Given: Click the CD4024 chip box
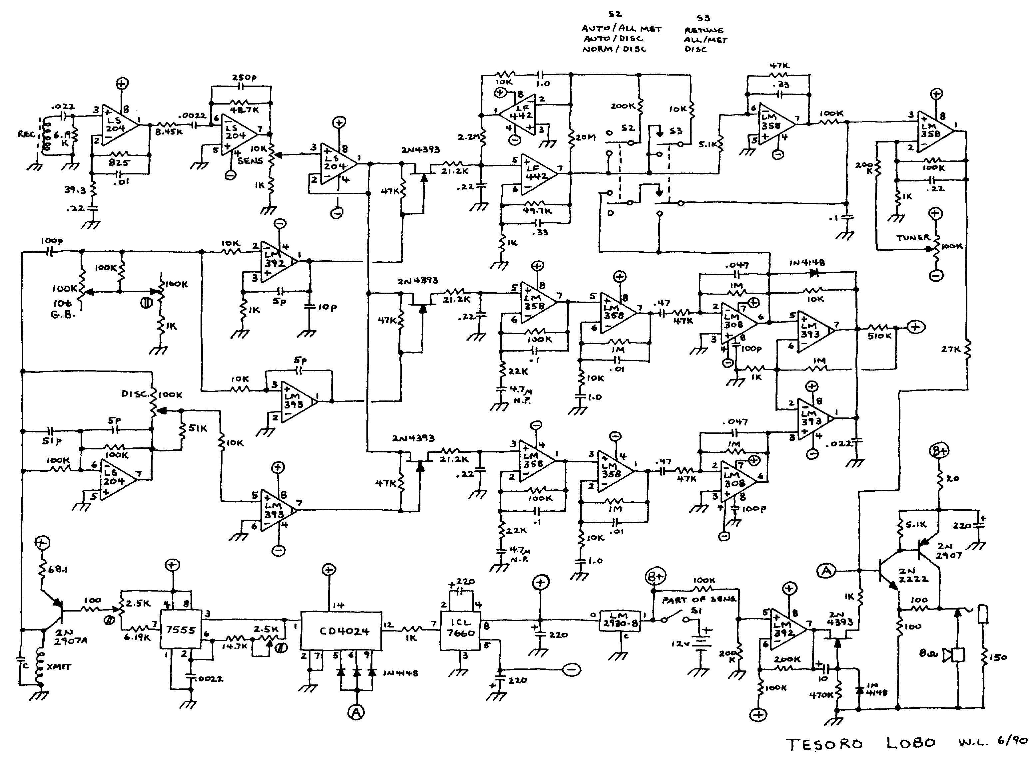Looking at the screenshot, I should click(341, 631).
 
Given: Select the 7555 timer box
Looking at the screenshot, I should click(180, 630).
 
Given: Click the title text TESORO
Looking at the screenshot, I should click(824, 744).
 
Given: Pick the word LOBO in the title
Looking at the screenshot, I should click(911, 743).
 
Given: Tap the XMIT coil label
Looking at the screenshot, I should click(59, 667).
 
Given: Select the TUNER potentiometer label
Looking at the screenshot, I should click(913, 237).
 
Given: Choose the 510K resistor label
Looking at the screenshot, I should click(879, 336).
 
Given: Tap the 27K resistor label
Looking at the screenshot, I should click(950, 349).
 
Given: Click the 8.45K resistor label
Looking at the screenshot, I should click(169, 132).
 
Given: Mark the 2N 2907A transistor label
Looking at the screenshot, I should click(71, 637).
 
